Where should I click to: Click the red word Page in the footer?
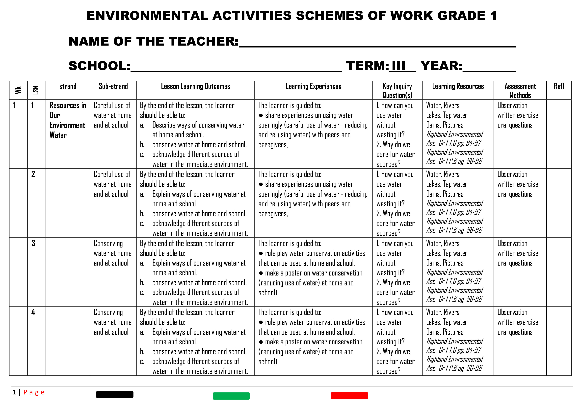pos(34,392)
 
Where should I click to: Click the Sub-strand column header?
pos(113,86)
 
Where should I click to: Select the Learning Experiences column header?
pos(313,86)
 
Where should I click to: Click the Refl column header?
pos(559,86)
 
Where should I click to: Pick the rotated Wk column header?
pos(18,90)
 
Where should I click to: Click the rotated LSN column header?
pos(36,90)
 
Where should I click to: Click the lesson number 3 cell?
pos(33,243)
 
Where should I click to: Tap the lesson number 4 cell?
pos(33,312)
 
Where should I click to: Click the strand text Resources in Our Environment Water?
pos(68,120)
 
